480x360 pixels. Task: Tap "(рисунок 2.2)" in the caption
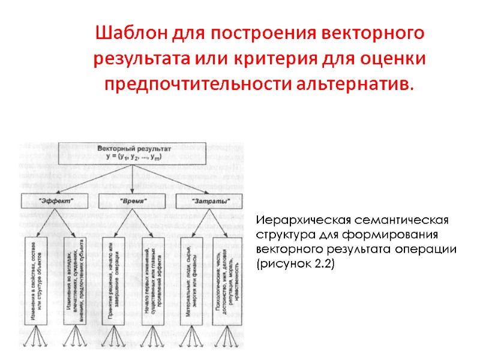[295, 263]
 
